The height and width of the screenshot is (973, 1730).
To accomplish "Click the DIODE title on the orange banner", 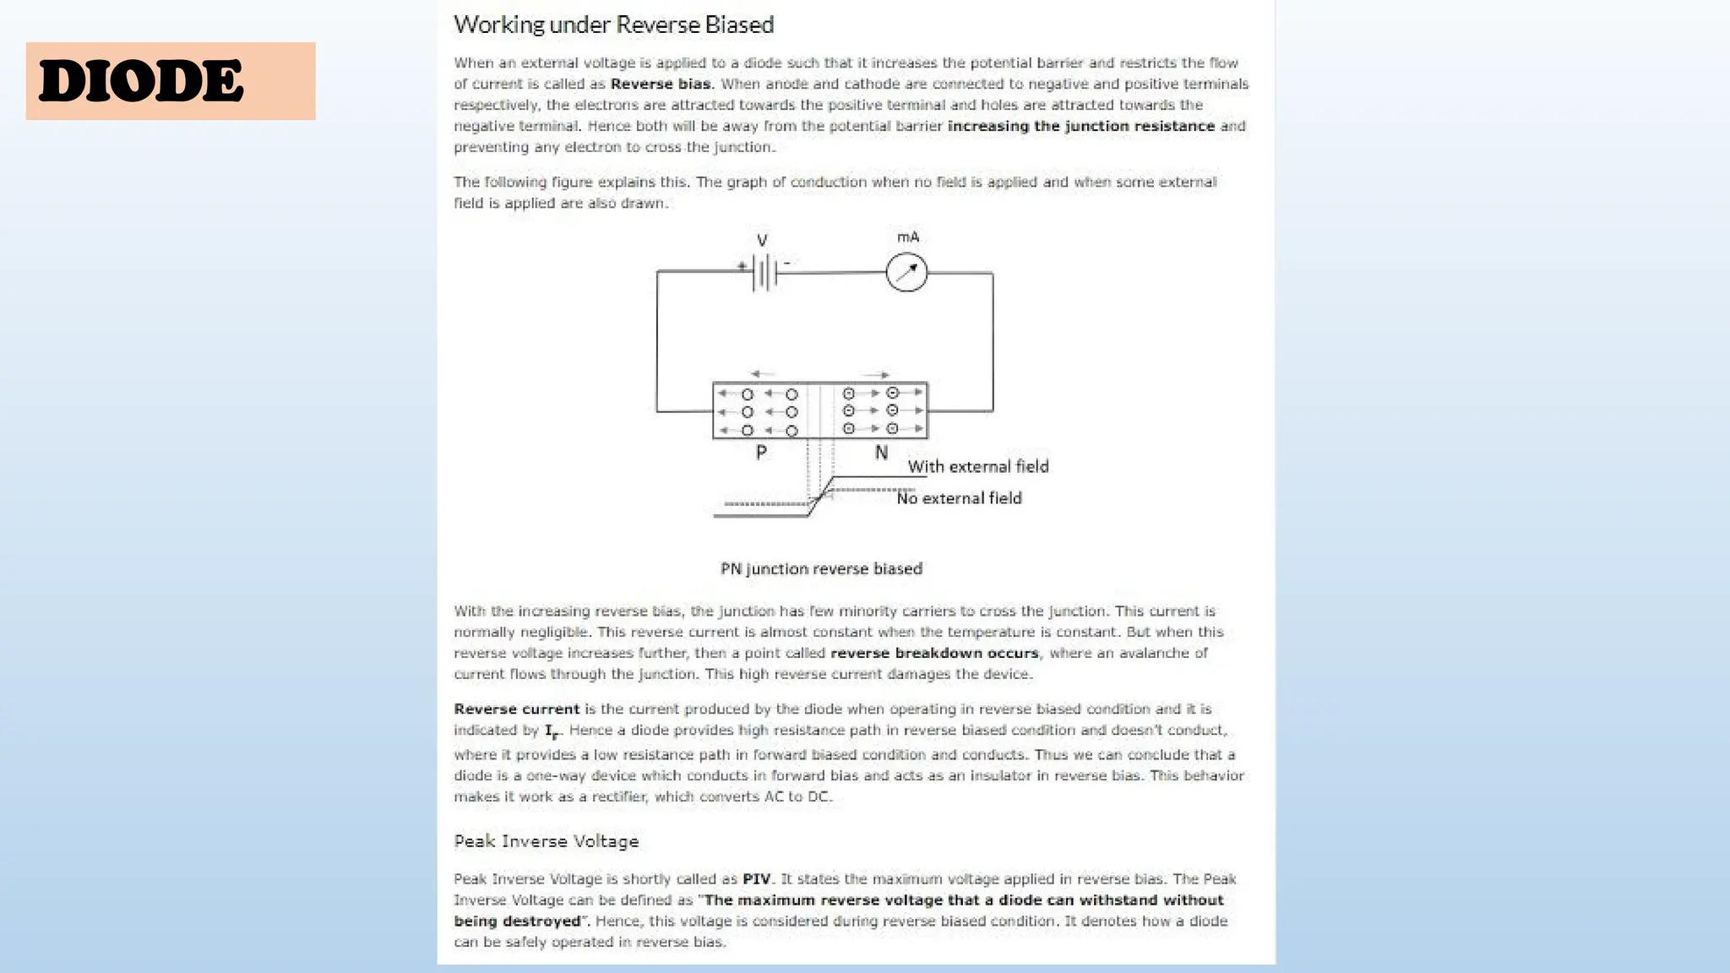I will (141, 82).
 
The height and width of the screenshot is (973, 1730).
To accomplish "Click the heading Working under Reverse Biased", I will (613, 24).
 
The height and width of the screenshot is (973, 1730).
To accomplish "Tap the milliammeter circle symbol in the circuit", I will (906, 272).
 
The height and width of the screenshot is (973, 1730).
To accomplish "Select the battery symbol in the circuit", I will (764, 273).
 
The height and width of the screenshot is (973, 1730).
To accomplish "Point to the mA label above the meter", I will (908, 237).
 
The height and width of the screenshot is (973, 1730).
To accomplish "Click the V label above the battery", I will (762, 241).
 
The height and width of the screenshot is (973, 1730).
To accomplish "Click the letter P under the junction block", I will (761, 453).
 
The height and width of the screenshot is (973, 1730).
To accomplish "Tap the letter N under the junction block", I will (881, 454).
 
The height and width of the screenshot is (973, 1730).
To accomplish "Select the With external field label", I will (977, 466).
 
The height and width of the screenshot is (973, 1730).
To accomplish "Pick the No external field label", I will (959, 498).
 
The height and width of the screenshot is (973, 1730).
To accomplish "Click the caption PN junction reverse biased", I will (821, 568).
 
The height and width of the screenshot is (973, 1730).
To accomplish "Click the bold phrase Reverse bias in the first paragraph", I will (661, 84).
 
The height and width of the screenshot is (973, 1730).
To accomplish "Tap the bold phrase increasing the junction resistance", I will (1080, 126).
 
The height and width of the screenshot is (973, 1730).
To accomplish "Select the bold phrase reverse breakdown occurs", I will (934, 653).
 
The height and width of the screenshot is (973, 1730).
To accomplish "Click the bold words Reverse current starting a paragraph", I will (516, 709).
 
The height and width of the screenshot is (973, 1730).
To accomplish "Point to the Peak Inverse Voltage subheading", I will (546, 841).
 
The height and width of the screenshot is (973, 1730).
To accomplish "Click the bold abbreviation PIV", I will (756, 878).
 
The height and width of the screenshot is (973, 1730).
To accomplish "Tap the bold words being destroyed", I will (517, 921).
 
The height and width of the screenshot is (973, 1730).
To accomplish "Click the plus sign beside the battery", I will (741, 265).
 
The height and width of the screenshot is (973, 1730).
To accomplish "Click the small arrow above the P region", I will (761, 373).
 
